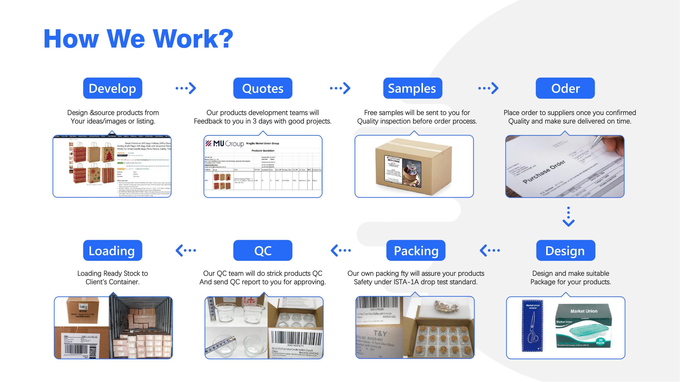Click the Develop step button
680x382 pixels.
112,88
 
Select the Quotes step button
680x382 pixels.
263,88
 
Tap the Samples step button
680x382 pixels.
413,88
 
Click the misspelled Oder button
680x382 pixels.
565,88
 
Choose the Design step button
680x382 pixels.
566,250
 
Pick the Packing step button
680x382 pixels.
416,250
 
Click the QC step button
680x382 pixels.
263,250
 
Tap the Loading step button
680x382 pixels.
112,250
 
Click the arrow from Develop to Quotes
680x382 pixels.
186,88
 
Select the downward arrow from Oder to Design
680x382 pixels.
568,217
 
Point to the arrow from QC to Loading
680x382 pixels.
186,250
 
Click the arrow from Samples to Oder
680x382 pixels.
488,88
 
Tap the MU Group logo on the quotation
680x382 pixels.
225,143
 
